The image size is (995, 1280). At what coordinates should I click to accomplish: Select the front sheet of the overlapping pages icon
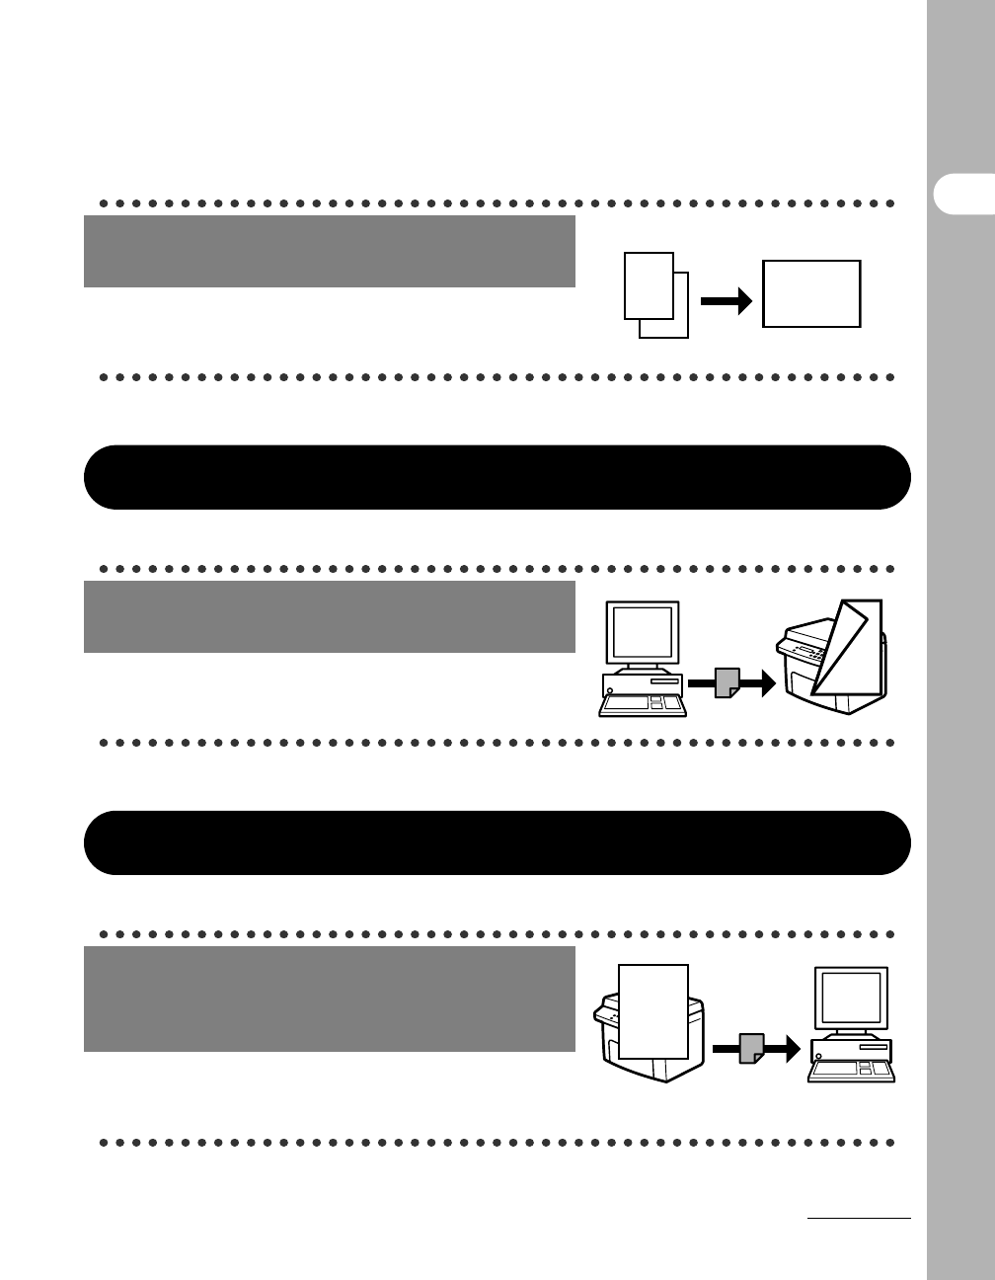click(648, 284)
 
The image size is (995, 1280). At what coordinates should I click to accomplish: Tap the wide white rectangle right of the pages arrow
click(811, 293)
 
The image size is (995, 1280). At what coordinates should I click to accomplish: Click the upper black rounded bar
click(497, 477)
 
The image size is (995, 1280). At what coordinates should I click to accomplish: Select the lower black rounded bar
click(497, 842)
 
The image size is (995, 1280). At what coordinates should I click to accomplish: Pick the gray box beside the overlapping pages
click(330, 251)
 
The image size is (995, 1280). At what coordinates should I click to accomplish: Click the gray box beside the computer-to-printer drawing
click(330, 616)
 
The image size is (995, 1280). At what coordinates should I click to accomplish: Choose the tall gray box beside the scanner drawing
click(330, 999)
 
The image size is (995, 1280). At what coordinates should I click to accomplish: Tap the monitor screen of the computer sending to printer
click(642, 632)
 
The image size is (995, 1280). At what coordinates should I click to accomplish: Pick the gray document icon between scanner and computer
click(751, 1048)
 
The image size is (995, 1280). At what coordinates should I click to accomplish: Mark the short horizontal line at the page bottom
click(859, 1219)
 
